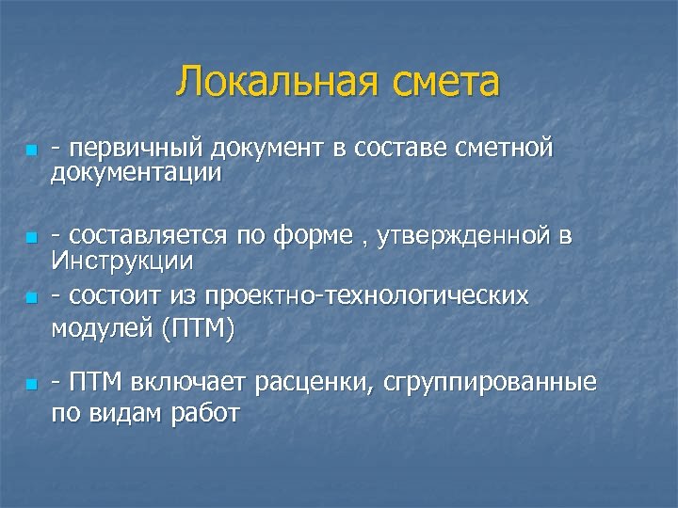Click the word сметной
[x=505, y=149]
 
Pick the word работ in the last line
[x=207, y=413]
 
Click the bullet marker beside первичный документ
[x=31, y=151]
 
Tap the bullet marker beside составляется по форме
[x=31, y=237]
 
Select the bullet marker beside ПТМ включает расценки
[x=31, y=385]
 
